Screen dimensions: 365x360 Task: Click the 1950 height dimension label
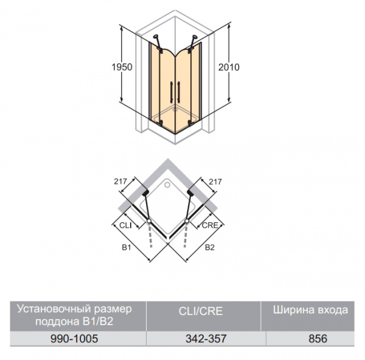coord(122,67)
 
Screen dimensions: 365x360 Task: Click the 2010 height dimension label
coord(229,67)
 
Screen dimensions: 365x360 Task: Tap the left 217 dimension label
coord(120,182)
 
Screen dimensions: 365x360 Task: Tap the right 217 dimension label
coord(215,182)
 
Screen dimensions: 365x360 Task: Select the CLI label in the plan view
coord(125,225)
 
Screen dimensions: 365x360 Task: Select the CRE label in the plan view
coord(210,225)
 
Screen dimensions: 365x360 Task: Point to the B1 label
coord(127,247)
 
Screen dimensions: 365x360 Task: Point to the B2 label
coord(209,247)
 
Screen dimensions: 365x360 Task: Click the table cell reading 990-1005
coord(74,339)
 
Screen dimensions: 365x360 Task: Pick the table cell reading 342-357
coord(206,339)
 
